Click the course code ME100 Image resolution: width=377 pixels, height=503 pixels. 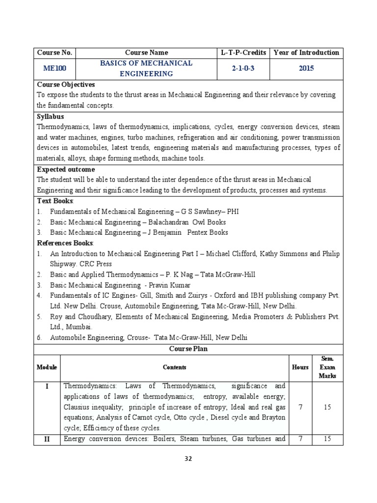[54, 68]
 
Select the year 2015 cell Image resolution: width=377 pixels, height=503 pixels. [306, 68]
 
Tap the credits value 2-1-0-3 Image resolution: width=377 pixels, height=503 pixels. [243, 68]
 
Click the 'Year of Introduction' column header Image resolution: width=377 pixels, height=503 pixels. [306, 53]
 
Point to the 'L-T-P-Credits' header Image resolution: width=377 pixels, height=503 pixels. [243, 53]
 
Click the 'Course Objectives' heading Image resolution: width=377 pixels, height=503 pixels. [66, 84]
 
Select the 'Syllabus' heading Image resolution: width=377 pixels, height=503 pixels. [51, 116]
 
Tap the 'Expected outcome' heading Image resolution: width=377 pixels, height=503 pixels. [66, 169]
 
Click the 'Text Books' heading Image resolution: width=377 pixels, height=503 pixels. [55, 201]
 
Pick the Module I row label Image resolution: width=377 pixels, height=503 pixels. [47, 386]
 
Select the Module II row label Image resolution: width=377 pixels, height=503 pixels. [47, 439]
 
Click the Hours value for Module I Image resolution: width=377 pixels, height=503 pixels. [300, 407]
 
